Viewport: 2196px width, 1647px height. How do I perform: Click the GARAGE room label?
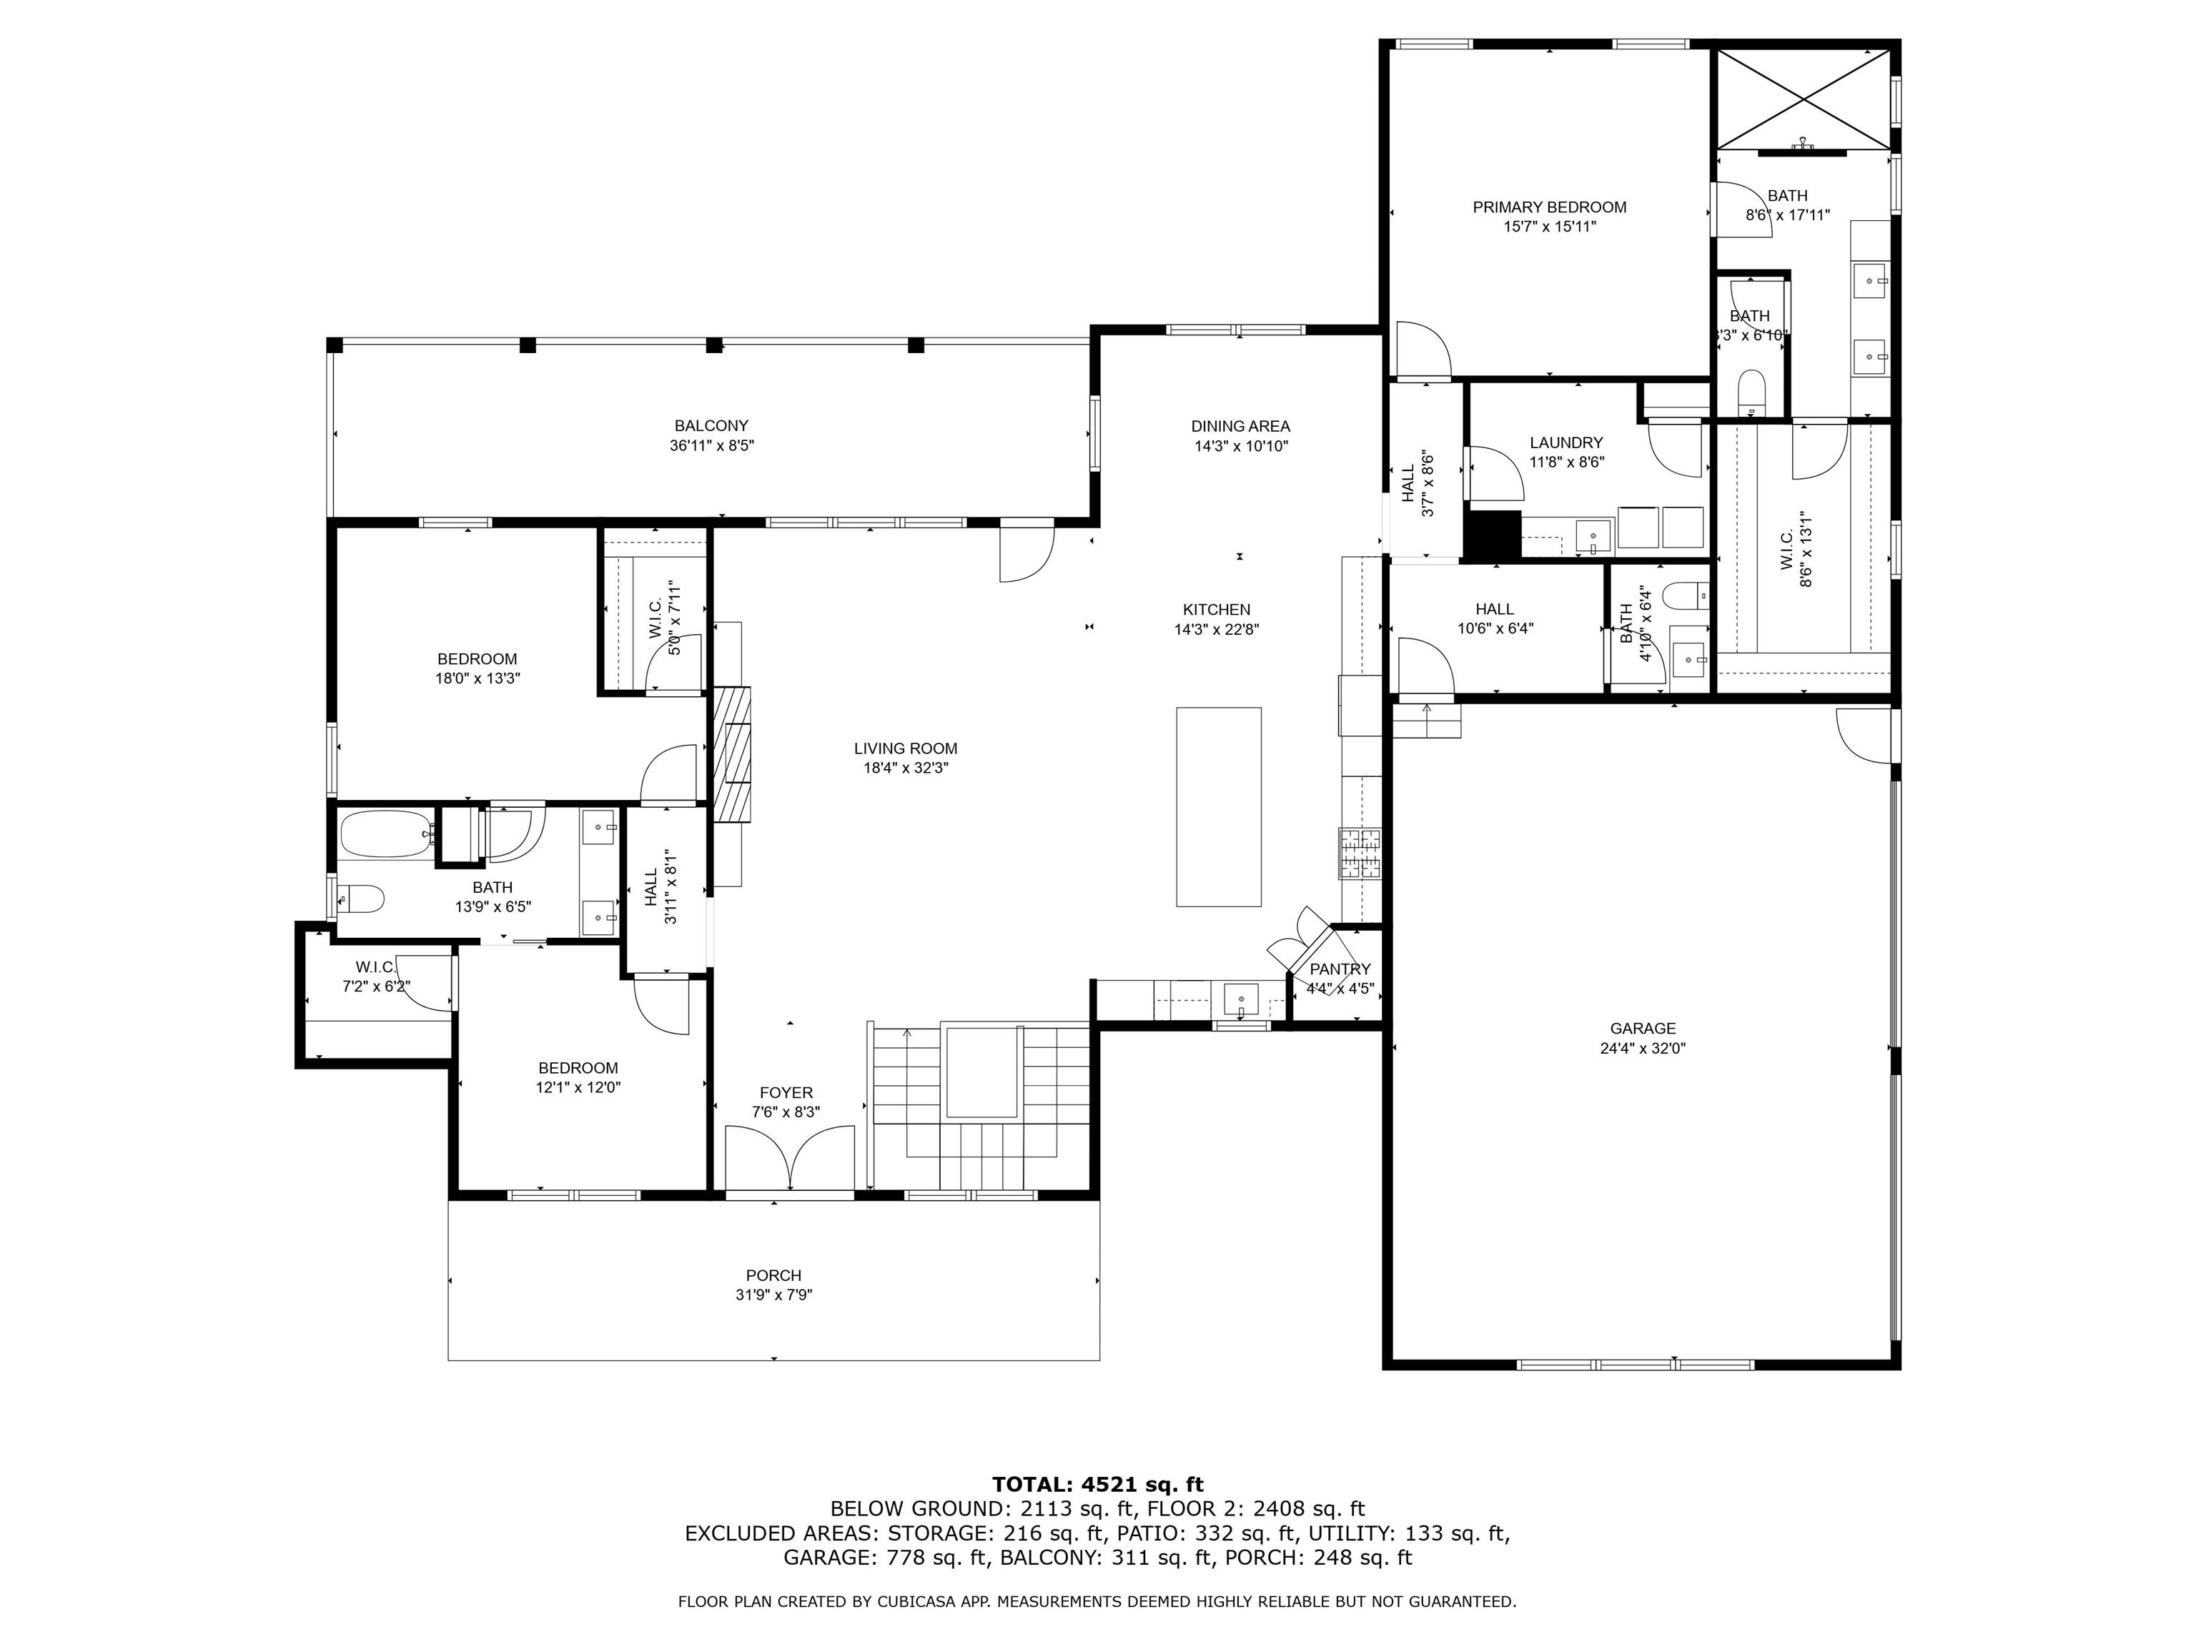[1642, 1029]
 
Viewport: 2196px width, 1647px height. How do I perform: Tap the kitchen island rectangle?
[1218, 806]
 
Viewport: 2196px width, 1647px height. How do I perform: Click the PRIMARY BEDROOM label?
[1549, 207]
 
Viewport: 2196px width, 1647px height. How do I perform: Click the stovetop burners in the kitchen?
[1360, 854]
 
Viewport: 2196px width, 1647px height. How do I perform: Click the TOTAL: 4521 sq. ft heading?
[1097, 1484]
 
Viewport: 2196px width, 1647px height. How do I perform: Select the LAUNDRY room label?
[1566, 442]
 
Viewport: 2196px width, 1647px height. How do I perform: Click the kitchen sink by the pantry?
[1241, 996]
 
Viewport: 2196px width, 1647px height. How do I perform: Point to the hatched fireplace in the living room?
[732, 754]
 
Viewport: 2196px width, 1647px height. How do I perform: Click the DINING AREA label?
[1240, 426]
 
